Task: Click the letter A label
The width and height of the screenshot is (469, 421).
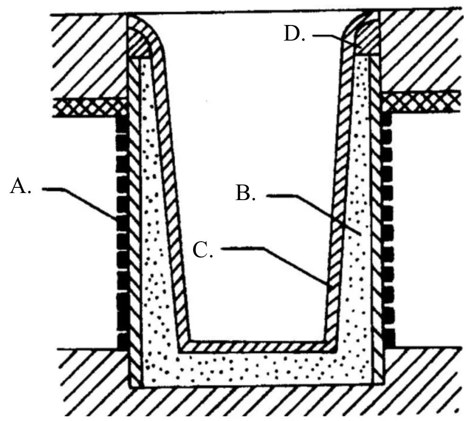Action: tap(20, 186)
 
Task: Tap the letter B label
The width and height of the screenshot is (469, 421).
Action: tap(246, 193)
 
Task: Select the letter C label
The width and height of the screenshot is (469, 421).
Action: tap(203, 250)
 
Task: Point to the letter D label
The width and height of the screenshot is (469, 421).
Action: tap(294, 34)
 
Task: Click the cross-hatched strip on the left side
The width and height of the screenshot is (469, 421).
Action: tap(90, 107)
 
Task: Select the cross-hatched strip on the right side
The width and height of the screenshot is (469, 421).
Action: tap(421, 102)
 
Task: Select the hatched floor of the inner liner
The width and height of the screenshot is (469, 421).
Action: tap(258, 346)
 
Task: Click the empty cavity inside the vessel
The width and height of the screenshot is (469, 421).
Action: tap(254, 179)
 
